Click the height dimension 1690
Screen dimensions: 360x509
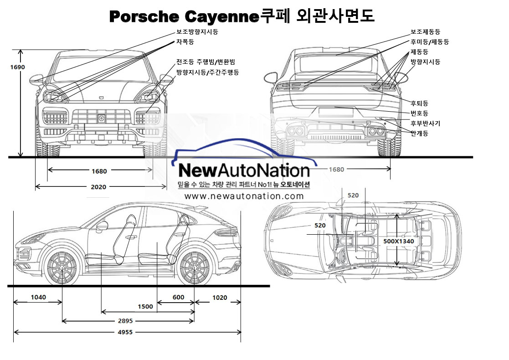18,67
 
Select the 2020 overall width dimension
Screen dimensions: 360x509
99,187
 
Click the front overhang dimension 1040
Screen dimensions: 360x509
38,298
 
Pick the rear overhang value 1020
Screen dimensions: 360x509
219,298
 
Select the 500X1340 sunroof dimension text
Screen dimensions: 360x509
399,241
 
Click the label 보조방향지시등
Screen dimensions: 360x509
197,32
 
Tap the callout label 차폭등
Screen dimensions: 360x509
185,42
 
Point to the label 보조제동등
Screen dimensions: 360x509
425,32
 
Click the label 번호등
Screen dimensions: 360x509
419,113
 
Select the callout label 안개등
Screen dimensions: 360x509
419,133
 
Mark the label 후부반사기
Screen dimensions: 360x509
425,123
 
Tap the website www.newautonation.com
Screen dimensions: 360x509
244,196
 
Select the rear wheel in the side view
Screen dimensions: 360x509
195,267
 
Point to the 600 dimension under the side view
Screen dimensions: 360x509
179,298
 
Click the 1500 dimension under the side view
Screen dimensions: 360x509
145,307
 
